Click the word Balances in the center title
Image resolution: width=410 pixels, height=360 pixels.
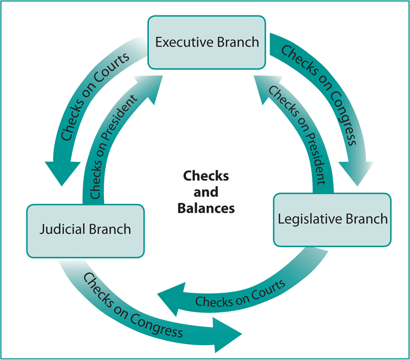pos(206,208)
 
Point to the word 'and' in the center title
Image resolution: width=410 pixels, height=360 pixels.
pos(206,192)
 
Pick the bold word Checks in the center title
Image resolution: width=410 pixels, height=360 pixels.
pos(206,175)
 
